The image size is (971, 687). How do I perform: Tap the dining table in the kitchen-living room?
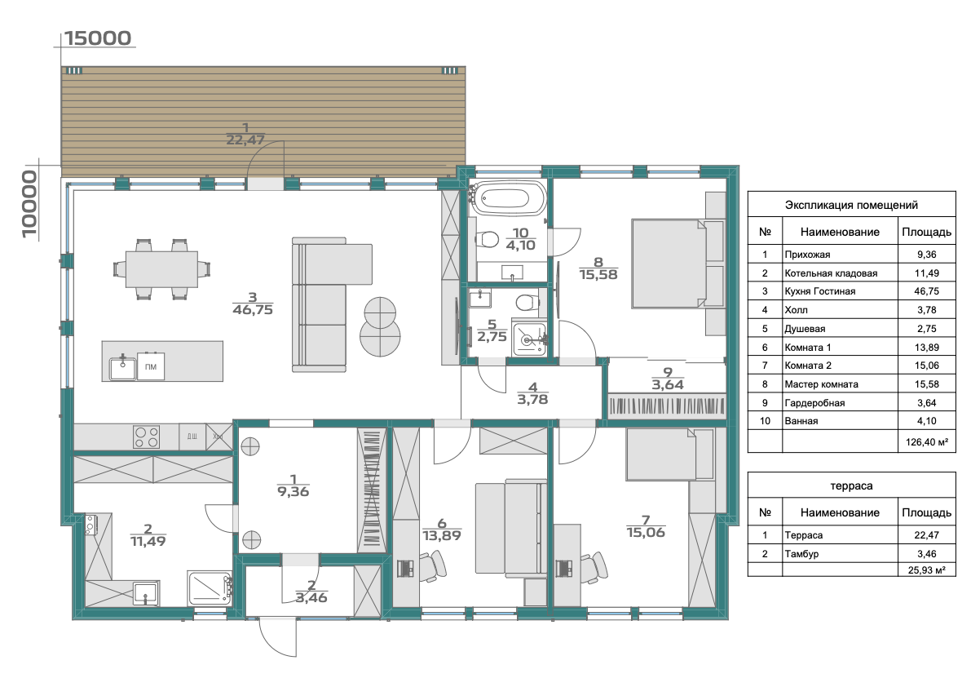pyautogui.click(x=161, y=269)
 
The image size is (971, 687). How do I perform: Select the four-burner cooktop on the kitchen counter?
pyautogui.click(x=146, y=437)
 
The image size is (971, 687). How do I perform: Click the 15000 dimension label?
pyautogui.click(x=98, y=38)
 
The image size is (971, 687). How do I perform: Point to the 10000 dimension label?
pyautogui.click(x=29, y=205)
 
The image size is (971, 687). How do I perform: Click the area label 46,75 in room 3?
pyautogui.click(x=253, y=310)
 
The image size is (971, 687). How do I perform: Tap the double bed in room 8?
pyautogui.click(x=669, y=263)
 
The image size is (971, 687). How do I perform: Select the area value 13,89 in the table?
pyautogui.click(x=926, y=347)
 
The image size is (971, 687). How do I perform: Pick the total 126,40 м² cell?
pyautogui.click(x=926, y=442)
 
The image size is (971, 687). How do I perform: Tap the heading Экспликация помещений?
pyautogui.click(x=851, y=205)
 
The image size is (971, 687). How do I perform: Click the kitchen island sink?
pyautogui.click(x=122, y=368)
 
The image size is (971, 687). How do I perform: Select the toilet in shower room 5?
pyautogui.click(x=527, y=303)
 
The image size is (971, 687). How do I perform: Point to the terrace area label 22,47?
pyautogui.click(x=245, y=140)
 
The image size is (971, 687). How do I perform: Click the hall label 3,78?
pyautogui.click(x=532, y=400)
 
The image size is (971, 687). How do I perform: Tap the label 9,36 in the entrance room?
pyautogui.click(x=293, y=492)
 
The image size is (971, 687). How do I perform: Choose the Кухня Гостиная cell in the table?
pyautogui.click(x=820, y=291)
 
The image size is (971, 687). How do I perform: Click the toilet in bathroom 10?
pyautogui.click(x=488, y=238)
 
